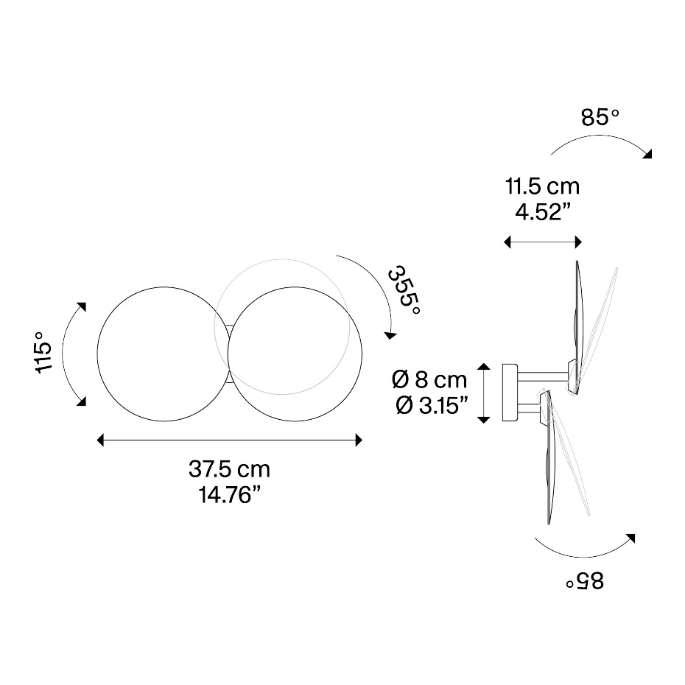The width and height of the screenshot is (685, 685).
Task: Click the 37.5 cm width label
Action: [x=229, y=470]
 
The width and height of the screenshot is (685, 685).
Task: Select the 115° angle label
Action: [x=43, y=353]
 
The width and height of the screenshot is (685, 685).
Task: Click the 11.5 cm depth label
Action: [x=543, y=186]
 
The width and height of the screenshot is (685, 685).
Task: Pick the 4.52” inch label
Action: [x=543, y=212]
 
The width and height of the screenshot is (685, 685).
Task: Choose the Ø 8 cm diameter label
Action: [x=429, y=379]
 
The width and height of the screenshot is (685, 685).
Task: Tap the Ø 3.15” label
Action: [x=432, y=406]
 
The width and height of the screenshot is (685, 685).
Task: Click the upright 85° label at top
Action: [x=600, y=118]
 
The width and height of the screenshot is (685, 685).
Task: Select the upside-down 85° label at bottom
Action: [x=585, y=581]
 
